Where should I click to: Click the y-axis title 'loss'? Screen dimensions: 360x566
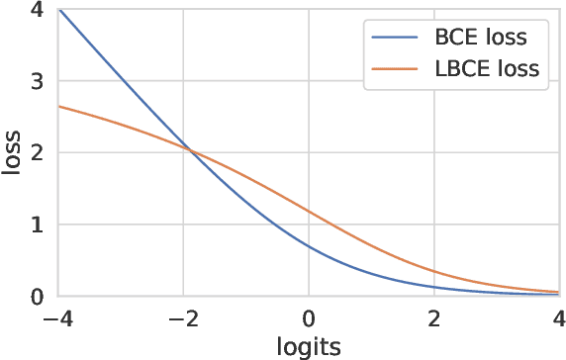coord(12,152)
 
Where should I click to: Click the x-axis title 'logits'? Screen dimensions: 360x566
coord(310,346)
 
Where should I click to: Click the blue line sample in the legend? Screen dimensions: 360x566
coord(396,40)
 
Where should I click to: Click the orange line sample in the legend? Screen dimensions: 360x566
coord(396,69)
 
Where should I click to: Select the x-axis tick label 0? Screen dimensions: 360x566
coord(310,319)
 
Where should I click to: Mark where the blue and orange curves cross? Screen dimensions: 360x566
coord(191,150)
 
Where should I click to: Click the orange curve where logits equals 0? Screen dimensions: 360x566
coord(310,212)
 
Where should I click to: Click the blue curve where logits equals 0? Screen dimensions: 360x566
coord(310,246)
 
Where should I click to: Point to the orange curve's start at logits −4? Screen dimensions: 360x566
coord(59,106)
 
